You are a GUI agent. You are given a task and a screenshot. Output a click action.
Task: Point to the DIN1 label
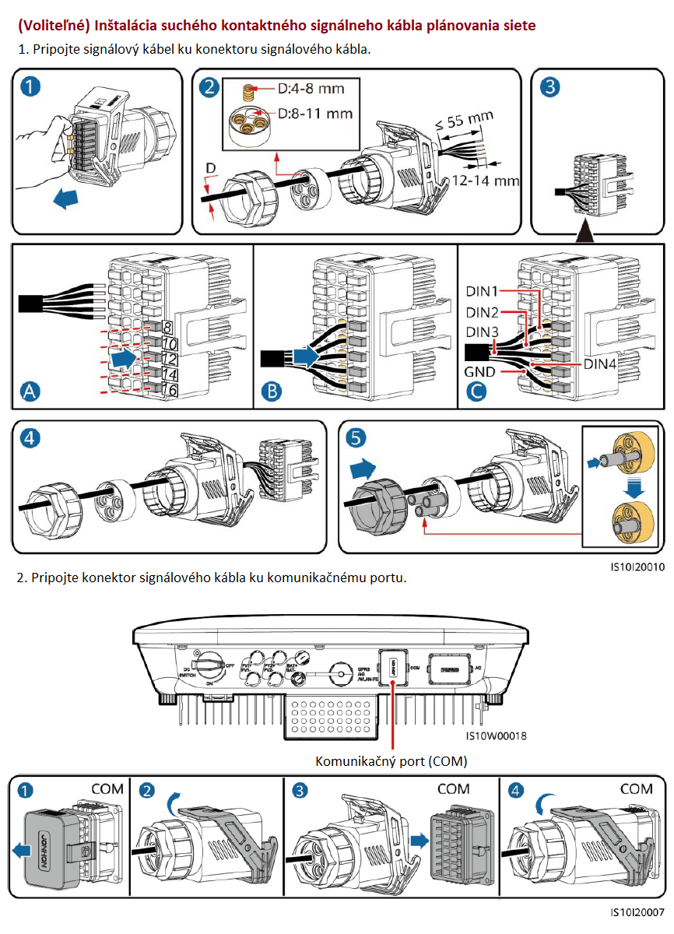tap(483, 291)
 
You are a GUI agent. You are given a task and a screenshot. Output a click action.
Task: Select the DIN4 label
tap(603, 363)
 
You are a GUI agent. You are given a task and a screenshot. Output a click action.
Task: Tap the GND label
tap(479, 372)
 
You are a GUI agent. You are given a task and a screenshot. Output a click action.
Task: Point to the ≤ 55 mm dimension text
tap(465, 121)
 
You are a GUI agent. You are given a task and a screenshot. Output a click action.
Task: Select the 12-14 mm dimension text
tap(486, 181)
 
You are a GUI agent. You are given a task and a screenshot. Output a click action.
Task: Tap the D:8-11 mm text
tap(314, 114)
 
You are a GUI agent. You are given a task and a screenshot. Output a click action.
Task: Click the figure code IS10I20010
tap(637, 567)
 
